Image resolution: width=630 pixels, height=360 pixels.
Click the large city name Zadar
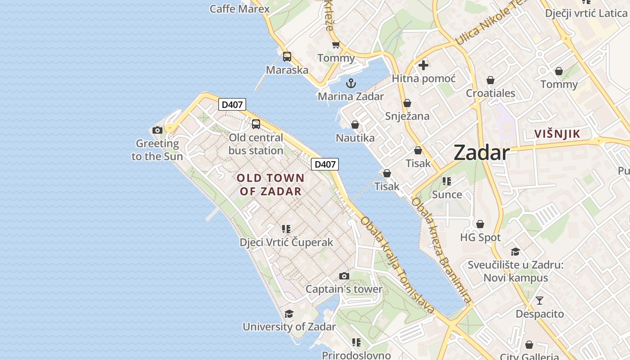click(x=481, y=153)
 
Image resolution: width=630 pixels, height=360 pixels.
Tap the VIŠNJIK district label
click(x=557, y=134)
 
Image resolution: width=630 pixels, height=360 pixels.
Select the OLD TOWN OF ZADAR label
click(x=270, y=184)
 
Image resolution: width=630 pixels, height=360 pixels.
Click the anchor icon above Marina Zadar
click(x=351, y=83)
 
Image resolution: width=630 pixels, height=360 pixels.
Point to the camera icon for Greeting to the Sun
click(x=157, y=130)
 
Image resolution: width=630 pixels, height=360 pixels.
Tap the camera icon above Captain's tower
click(x=344, y=276)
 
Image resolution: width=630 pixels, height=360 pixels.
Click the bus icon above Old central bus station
click(x=256, y=124)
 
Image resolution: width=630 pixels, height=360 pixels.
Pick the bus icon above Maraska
click(x=287, y=57)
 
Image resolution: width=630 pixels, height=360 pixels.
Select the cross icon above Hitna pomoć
click(x=423, y=65)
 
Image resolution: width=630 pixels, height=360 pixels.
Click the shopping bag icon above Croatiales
click(x=490, y=81)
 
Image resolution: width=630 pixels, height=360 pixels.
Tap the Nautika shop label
click(x=355, y=138)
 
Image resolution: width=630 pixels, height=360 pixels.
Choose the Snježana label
click(x=407, y=116)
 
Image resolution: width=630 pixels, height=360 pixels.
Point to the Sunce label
click(x=447, y=194)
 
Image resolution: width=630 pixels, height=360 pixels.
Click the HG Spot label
click(x=480, y=237)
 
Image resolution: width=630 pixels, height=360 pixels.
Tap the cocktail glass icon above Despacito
click(x=540, y=301)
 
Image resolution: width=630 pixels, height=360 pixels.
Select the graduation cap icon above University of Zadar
click(x=289, y=314)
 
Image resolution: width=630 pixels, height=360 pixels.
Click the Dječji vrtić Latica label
click(x=586, y=13)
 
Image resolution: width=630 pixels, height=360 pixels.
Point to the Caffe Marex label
click(x=239, y=9)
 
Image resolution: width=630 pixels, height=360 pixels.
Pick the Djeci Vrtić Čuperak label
click(x=286, y=242)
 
